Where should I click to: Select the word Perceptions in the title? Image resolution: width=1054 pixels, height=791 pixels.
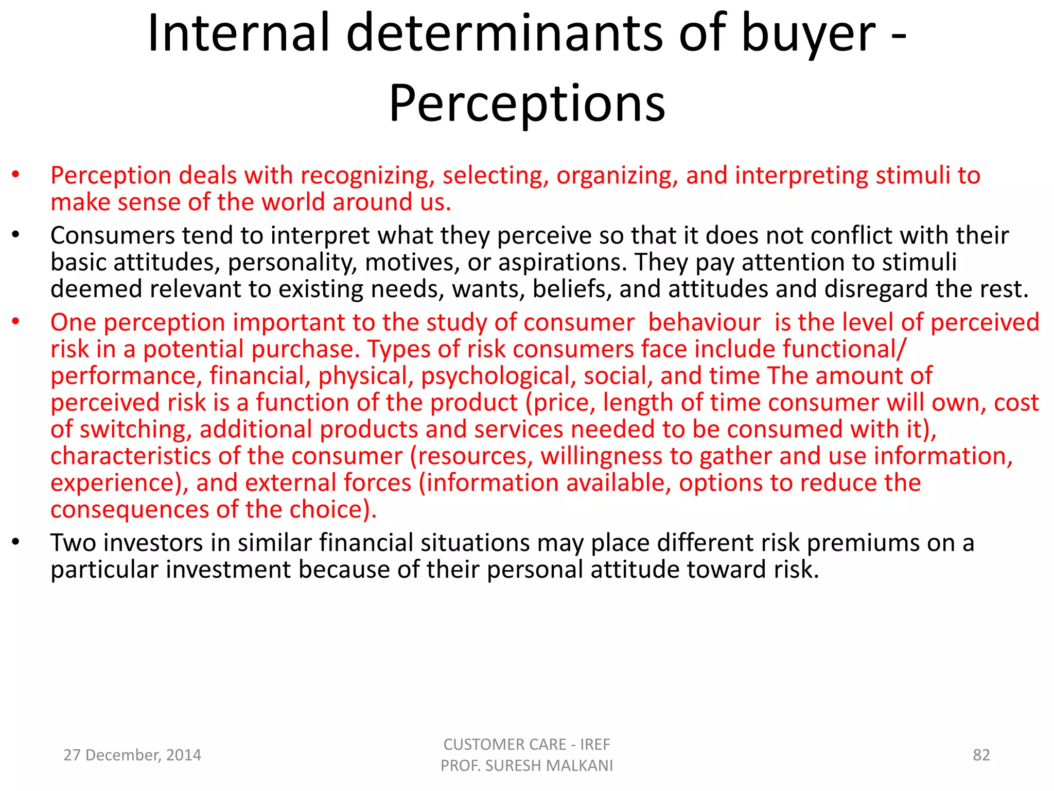tap(527, 104)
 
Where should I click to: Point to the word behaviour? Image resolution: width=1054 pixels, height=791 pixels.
tap(704, 322)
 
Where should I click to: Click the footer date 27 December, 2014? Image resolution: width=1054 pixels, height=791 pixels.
tap(132, 755)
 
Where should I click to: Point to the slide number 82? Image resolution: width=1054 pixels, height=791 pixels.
tap(981, 755)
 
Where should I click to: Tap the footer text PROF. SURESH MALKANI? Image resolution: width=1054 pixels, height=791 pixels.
tap(526, 766)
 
